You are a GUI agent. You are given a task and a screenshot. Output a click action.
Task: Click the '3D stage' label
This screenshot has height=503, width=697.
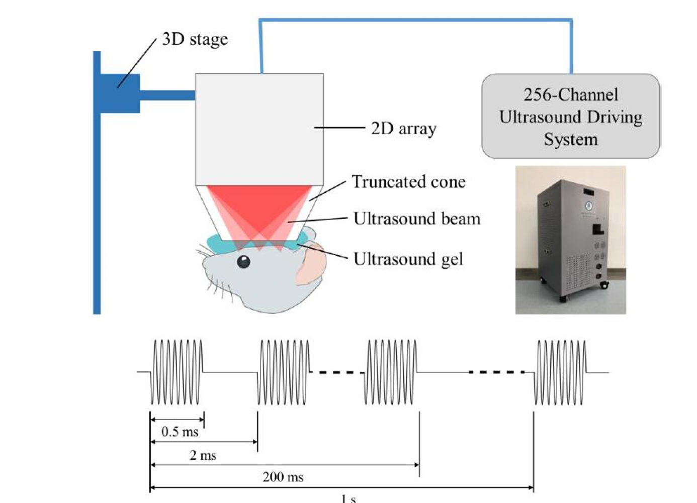pos(195,39)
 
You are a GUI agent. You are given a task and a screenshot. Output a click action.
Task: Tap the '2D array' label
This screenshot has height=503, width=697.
pos(403,129)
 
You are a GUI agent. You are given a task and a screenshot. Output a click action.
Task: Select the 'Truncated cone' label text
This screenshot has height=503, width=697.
pos(408,181)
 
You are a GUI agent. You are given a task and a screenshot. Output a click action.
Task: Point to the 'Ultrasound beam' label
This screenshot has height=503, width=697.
pos(416,219)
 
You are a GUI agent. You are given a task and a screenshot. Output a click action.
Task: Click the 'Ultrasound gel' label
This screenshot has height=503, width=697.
pos(408,259)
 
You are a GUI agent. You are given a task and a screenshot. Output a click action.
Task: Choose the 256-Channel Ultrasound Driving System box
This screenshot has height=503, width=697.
pos(571,117)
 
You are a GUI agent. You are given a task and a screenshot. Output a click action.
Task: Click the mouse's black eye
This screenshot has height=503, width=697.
pos(243,262)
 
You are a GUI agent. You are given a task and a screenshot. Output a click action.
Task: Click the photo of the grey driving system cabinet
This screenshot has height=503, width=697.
pos(571,240)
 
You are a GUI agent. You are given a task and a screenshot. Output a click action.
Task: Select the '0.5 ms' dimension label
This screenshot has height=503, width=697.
pos(180,432)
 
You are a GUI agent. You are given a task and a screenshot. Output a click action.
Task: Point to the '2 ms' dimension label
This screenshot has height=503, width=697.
pos(203,455)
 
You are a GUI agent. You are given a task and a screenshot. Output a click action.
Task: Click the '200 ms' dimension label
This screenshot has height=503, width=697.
pos(283,477)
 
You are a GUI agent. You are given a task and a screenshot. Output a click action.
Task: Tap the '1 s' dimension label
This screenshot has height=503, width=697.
pos(348,498)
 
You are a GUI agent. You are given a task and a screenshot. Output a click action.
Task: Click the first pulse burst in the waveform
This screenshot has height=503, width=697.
pos(177,372)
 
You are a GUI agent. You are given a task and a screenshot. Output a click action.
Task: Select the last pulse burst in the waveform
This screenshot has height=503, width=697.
pos(560,372)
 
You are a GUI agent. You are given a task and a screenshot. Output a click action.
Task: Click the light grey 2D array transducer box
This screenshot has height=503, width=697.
pos(259,129)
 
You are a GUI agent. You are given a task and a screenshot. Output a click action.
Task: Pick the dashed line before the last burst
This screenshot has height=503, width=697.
pos(496,372)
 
